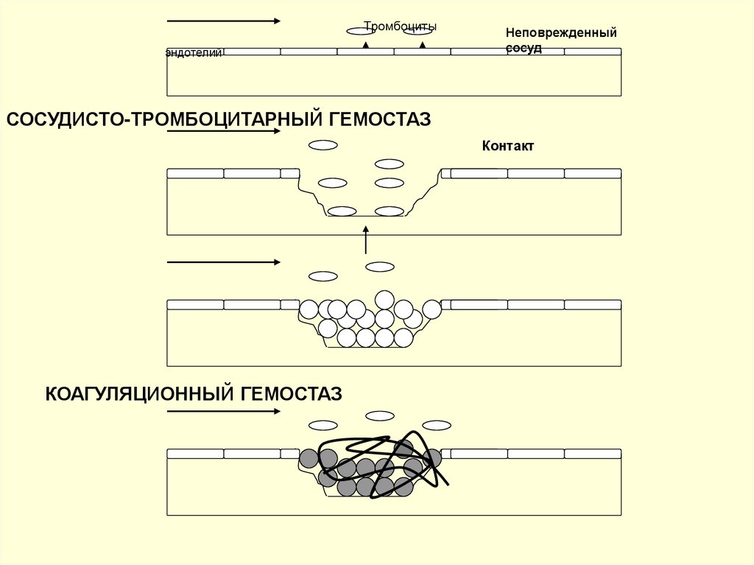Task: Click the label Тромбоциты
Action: point(400,27)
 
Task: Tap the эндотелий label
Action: point(194,53)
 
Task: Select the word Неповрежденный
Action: point(560,33)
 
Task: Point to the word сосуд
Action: point(524,48)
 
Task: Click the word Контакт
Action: point(507,146)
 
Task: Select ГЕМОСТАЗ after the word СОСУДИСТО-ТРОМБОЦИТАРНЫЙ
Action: point(380,119)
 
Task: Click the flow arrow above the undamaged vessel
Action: point(223,21)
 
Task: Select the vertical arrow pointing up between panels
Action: point(365,240)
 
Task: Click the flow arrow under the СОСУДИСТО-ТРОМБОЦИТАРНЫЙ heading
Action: point(223,132)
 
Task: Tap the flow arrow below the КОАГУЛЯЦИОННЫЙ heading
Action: point(223,411)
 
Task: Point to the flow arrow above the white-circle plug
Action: point(223,262)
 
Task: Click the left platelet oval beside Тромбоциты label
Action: point(361,31)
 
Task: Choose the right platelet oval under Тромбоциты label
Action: point(417,31)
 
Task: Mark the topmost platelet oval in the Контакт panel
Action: point(323,145)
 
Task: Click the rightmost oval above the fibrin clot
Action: point(437,425)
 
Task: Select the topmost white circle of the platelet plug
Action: point(384,299)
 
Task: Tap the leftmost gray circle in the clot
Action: point(309,458)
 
